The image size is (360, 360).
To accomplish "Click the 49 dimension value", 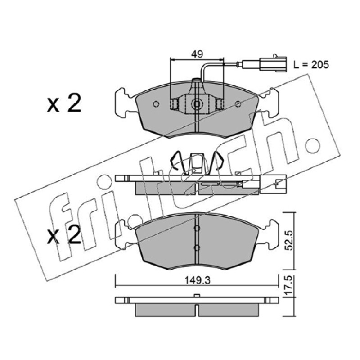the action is pos(197,54).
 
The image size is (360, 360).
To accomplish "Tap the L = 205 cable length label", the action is pos(311,65).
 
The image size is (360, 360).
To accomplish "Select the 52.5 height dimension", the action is pos(289,240).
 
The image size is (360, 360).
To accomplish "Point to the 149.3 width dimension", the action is pos(198,280).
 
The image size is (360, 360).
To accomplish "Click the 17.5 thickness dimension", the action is pos(289,285).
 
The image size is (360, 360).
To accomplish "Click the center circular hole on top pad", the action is pos(197,104).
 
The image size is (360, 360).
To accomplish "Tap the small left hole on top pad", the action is pos(156,104).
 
